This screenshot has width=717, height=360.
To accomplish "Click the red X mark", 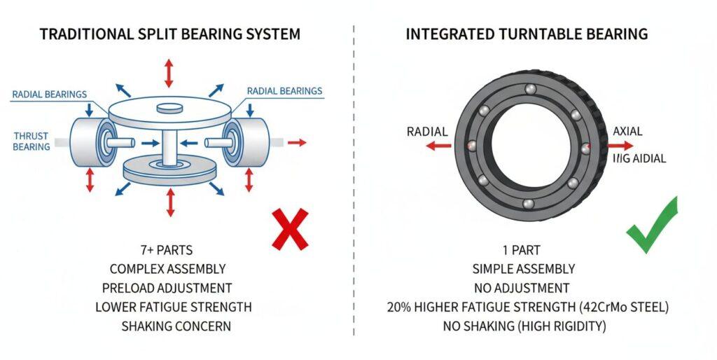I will [290, 229].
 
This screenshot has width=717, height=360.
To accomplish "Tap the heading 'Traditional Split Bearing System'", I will [169, 34].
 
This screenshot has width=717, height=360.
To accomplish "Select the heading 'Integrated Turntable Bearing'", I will [527, 34].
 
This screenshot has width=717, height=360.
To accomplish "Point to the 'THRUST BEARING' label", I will [32, 141].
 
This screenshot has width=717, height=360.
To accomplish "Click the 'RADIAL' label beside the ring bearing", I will [428, 132].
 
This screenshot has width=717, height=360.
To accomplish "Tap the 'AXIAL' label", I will [628, 132].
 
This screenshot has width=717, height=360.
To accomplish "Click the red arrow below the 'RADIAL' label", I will [440, 146].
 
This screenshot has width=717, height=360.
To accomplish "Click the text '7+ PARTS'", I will [166, 250].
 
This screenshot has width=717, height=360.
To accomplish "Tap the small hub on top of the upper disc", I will [168, 108].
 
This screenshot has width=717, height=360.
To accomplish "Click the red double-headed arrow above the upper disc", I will [168, 73].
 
